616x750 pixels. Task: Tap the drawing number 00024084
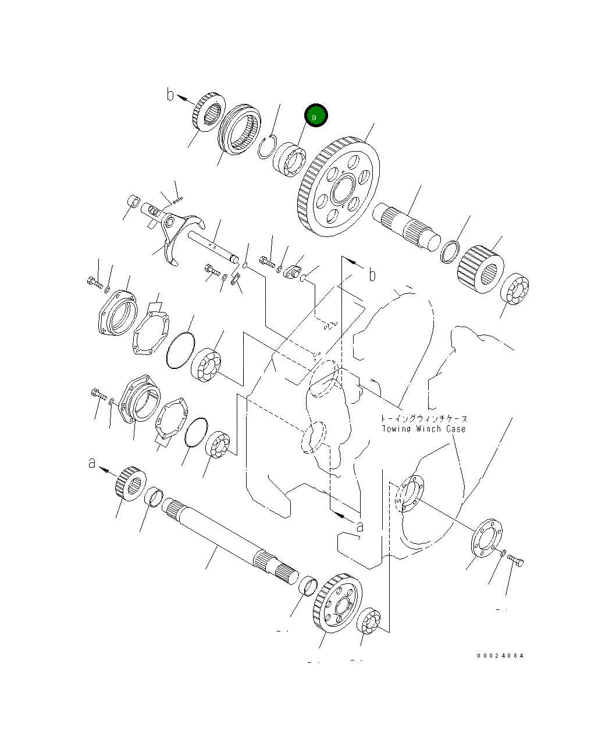(500, 656)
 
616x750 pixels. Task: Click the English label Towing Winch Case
(423, 429)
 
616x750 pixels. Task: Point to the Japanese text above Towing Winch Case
(423, 418)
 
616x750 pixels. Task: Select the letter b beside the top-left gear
(170, 94)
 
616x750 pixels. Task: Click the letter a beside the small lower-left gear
(91, 463)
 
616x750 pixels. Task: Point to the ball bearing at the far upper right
(515, 289)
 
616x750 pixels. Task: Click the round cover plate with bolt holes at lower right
(486, 537)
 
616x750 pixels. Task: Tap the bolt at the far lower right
(516, 560)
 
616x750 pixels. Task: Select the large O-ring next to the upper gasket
(180, 350)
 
